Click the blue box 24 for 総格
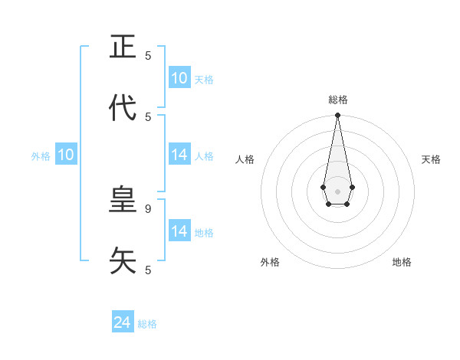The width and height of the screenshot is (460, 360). coord(123,323)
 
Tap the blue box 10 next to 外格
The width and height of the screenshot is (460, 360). coord(66,155)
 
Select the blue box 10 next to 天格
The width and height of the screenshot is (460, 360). coord(179,78)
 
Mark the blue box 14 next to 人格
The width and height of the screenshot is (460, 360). coord(179,155)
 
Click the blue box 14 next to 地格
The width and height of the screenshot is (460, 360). coord(179,231)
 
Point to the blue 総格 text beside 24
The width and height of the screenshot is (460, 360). coord(147,324)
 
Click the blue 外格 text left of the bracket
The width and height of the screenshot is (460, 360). coord(41,156)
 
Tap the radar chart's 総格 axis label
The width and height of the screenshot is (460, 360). coord(338,100)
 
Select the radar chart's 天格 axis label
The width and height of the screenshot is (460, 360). coord(431,159)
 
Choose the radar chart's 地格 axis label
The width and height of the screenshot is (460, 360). coord(402,262)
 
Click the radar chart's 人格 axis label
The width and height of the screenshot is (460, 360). coord(245,159)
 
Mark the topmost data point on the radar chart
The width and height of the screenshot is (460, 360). coord(337,116)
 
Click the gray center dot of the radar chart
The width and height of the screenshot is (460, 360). coord(337,190)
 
